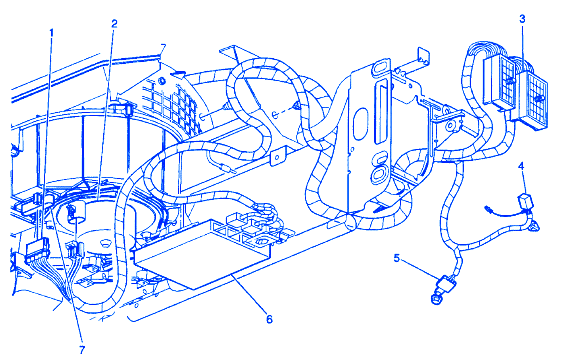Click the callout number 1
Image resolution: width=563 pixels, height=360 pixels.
pyautogui.click(x=51, y=33)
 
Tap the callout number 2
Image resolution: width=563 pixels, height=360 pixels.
pyautogui.click(x=114, y=24)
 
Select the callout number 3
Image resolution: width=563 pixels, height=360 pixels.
pyautogui.click(x=522, y=19)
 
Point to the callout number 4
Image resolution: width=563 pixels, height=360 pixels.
pyautogui.click(x=521, y=166)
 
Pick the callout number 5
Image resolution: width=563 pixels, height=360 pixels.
pyautogui.click(x=397, y=258)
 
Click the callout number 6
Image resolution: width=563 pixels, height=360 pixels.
pyautogui.click(x=269, y=319)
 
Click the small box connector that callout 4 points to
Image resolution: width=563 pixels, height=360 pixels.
pyautogui.click(x=525, y=201)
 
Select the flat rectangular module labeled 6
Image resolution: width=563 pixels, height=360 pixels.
pyautogui.click(x=202, y=254)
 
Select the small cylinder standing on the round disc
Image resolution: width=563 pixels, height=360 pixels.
pyautogui.click(x=76, y=212)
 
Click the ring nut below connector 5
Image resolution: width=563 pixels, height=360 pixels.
pyautogui.click(x=436, y=299)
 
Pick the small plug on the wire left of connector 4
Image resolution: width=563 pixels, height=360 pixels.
pyautogui.click(x=488, y=208)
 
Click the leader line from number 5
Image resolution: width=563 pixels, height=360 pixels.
pyautogui.click(x=421, y=268)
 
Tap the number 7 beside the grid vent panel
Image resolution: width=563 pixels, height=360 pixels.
pyautogui.click(x=163, y=48)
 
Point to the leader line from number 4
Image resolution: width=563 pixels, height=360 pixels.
pyautogui.click(x=524, y=183)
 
